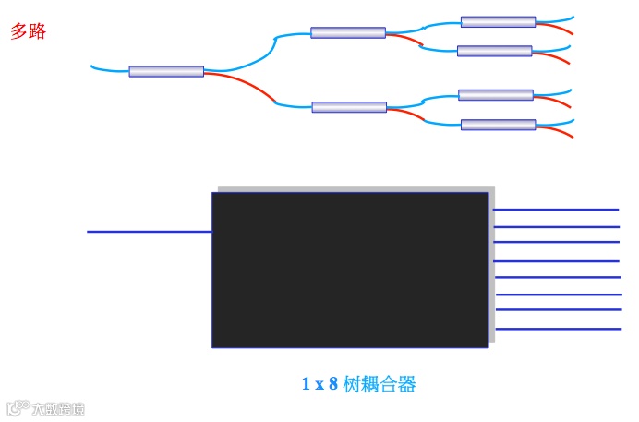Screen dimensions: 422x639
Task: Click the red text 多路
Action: pyautogui.click(x=28, y=31)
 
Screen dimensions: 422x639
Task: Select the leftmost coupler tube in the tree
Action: pyautogui.click(x=166, y=71)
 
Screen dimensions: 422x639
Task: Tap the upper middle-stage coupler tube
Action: pyautogui.click(x=348, y=32)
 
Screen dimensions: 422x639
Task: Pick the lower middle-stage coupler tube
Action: pyautogui.click(x=349, y=107)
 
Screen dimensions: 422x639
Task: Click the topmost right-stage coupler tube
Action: pyautogui.click(x=498, y=21)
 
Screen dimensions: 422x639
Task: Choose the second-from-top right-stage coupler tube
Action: pyautogui.click(x=495, y=51)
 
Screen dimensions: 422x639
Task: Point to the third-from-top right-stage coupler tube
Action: pyautogui.click(x=496, y=95)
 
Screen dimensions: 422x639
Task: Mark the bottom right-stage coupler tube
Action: pyautogui.click(x=498, y=125)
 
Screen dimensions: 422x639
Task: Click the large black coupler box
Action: pyautogui.click(x=350, y=270)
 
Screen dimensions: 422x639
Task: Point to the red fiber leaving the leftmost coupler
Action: pyautogui.click(x=245, y=83)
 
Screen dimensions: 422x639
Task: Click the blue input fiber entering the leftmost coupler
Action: pyautogui.click(x=109, y=69)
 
